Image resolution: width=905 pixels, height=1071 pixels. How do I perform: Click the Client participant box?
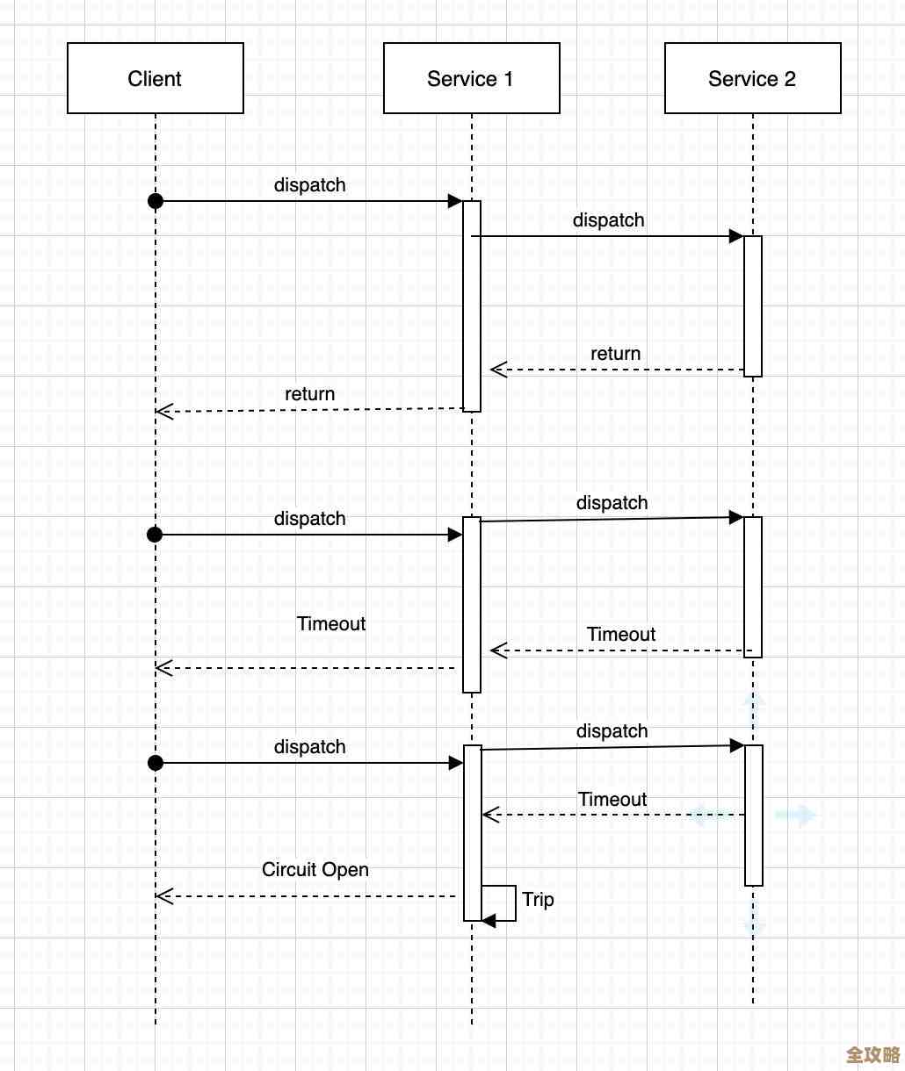(x=156, y=78)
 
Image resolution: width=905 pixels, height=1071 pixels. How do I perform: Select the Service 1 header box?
(x=471, y=78)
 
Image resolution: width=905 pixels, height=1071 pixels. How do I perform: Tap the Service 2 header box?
(x=752, y=78)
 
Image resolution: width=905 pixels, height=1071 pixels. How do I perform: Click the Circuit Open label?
(x=315, y=869)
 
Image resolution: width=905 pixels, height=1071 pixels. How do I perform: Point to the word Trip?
(x=538, y=899)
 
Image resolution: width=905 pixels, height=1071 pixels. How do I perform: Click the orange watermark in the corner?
(x=872, y=1053)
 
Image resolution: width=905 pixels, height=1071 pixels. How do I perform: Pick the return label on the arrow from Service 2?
(x=615, y=353)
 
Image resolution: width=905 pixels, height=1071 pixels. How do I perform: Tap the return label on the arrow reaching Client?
(x=309, y=393)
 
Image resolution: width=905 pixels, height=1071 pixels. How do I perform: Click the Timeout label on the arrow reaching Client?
(x=331, y=623)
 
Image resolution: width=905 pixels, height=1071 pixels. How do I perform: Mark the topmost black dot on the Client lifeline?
(x=156, y=201)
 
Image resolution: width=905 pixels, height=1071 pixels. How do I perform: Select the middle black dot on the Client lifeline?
(x=156, y=535)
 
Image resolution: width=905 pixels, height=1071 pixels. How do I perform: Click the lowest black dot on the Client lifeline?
(x=156, y=763)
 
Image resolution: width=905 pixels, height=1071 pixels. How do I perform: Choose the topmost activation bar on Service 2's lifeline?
(x=753, y=305)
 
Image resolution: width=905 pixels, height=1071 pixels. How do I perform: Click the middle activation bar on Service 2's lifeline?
(x=753, y=586)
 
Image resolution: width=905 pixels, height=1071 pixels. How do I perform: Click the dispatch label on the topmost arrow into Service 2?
(x=608, y=219)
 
